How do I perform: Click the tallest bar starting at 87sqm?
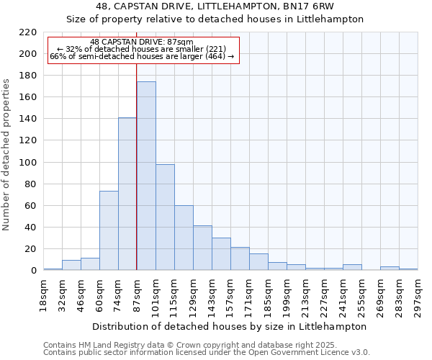[146, 176]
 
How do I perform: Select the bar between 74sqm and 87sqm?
[127, 194]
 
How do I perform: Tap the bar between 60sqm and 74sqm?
[109, 230]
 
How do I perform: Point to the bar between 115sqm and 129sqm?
[184, 238]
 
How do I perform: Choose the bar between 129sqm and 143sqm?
[202, 248]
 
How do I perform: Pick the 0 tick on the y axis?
[34, 271]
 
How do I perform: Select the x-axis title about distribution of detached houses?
[230, 326]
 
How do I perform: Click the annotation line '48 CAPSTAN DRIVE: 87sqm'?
[142, 42]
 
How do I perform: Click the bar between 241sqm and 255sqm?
[352, 267]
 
